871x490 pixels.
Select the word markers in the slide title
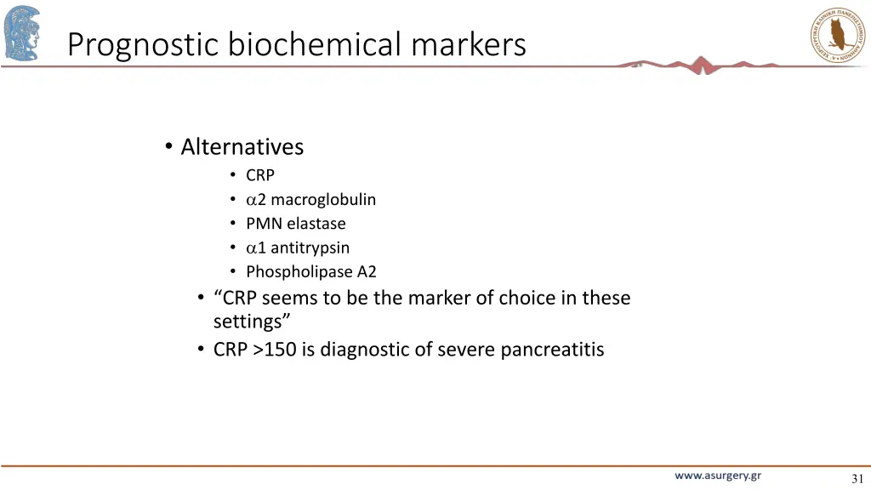coord(469,44)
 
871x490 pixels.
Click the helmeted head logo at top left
coord(21,33)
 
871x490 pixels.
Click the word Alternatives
coord(242,147)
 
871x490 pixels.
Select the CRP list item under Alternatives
coord(260,175)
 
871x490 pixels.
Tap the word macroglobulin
coord(323,200)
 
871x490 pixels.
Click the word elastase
coord(316,224)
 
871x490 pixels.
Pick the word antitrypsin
coord(310,248)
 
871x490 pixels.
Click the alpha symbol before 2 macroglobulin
coord(251,201)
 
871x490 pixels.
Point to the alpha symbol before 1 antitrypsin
coord(251,248)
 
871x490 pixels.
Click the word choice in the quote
coord(527,298)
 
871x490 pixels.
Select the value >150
coord(274,350)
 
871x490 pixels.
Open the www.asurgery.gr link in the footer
coord(718,476)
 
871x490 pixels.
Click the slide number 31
coord(857,479)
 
